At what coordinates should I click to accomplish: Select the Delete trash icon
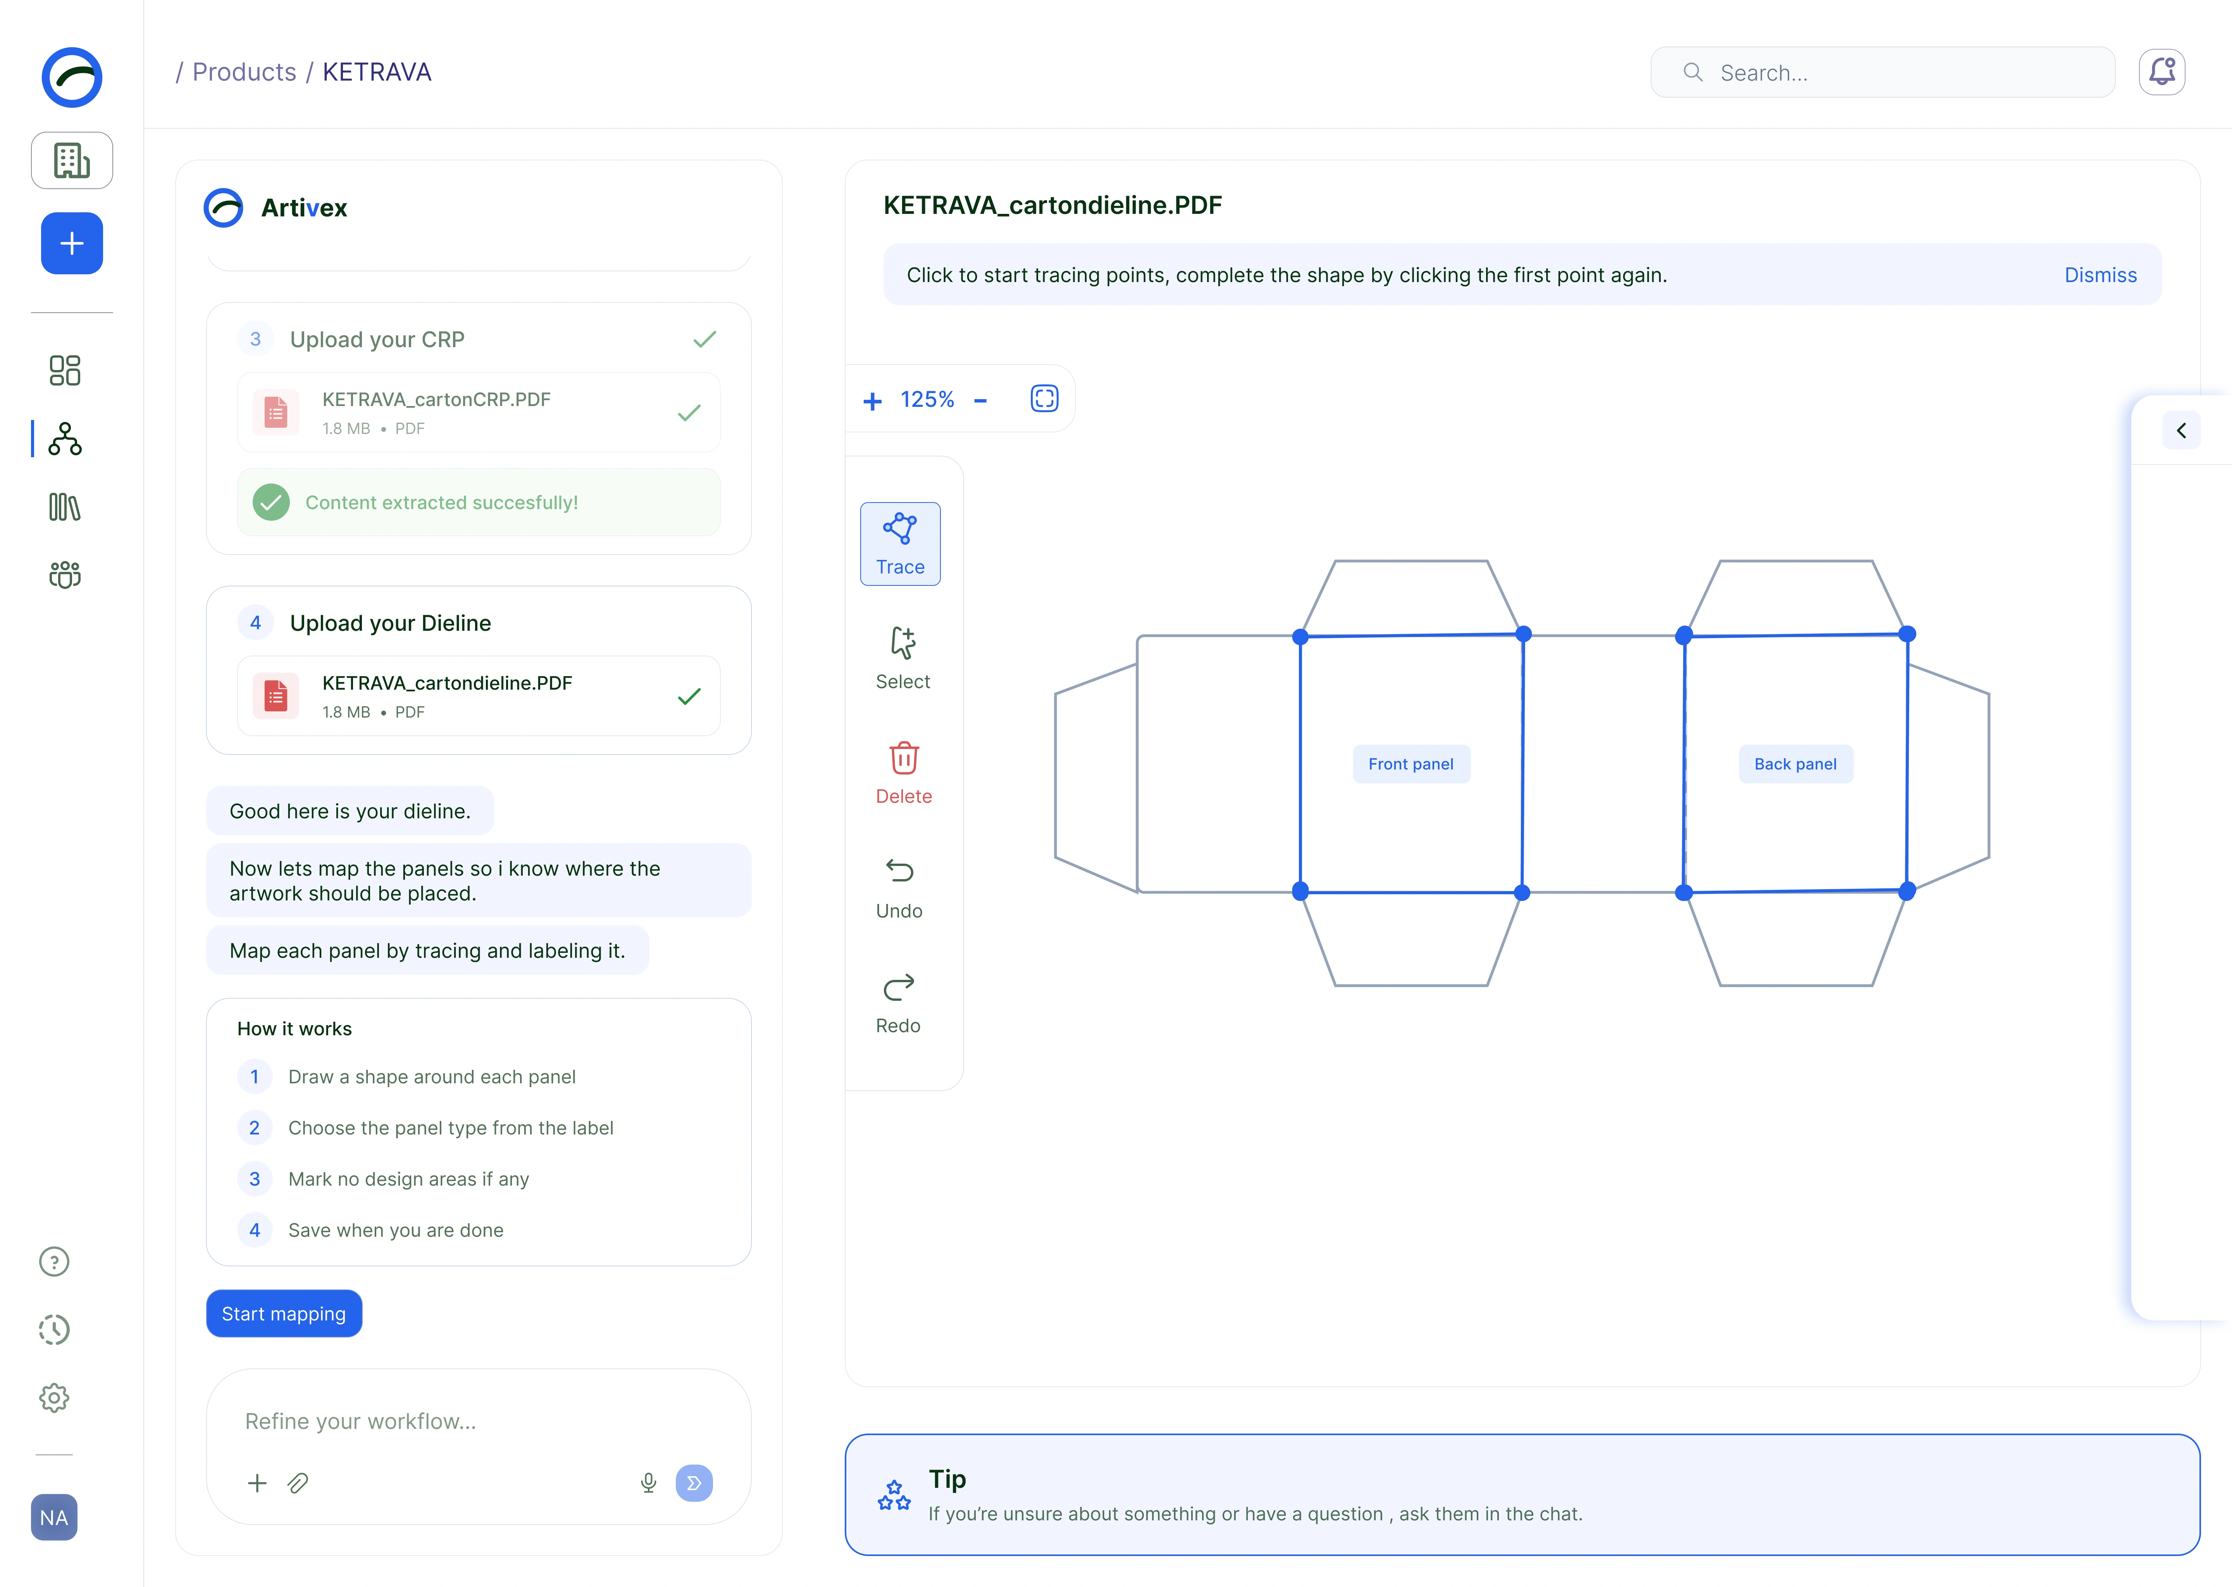[904, 757]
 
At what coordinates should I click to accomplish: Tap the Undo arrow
[899, 870]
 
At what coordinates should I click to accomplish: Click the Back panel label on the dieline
[1795, 764]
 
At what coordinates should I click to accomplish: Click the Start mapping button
[283, 1313]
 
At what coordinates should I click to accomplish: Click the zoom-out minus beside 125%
[980, 401]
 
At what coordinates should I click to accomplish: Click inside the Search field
[1882, 72]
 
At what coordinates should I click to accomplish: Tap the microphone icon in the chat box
[648, 1482]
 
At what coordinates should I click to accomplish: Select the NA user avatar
[54, 1518]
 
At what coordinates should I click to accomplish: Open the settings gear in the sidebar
[54, 1398]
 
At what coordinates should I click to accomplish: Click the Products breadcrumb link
[244, 72]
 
